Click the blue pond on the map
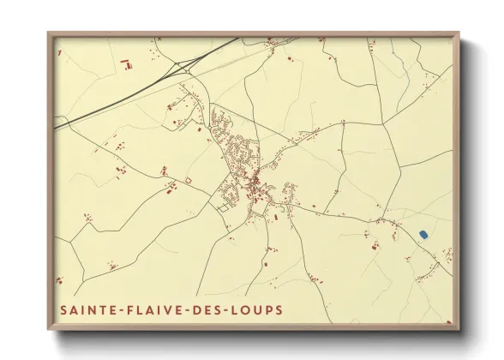tap(423, 233)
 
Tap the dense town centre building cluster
tap(254, 179)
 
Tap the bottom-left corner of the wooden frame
tap(49, 330)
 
